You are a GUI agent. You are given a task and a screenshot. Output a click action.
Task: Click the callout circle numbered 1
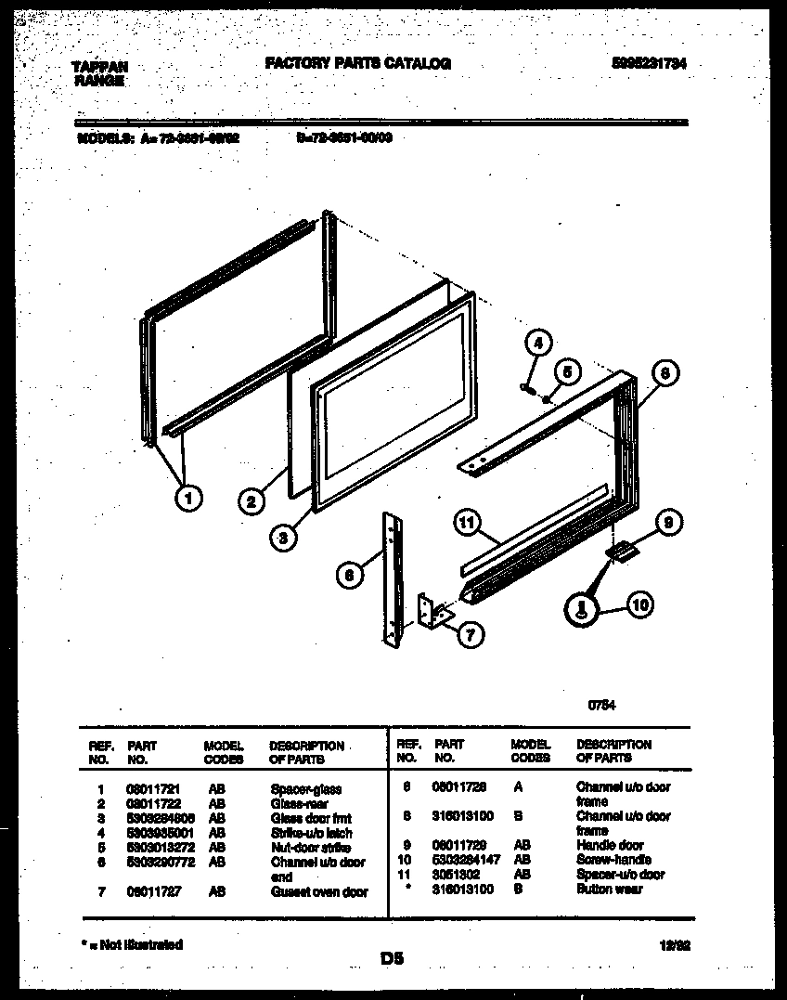(x=188, y=499)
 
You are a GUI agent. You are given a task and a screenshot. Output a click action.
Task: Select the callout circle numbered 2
(x=250, y=502)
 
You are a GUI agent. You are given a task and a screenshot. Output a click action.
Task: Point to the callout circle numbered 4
(x=537, y=343)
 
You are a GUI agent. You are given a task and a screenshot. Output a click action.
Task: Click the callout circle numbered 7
(x=471, y=635)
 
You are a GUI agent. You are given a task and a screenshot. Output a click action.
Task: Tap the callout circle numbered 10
(x=639, y=606)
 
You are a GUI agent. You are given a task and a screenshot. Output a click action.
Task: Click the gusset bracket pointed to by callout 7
(x=434, y=612)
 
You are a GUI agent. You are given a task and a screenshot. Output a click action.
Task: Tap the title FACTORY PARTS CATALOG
(x=358, y=63)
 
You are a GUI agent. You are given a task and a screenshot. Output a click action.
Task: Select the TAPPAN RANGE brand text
(x=99, y=72)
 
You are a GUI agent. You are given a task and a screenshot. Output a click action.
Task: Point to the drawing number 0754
(x=600, y=705)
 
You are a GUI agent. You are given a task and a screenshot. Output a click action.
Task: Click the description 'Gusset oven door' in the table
(x=318, y=891)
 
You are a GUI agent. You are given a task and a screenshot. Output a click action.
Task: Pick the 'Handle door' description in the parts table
(x=610, y=845)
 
